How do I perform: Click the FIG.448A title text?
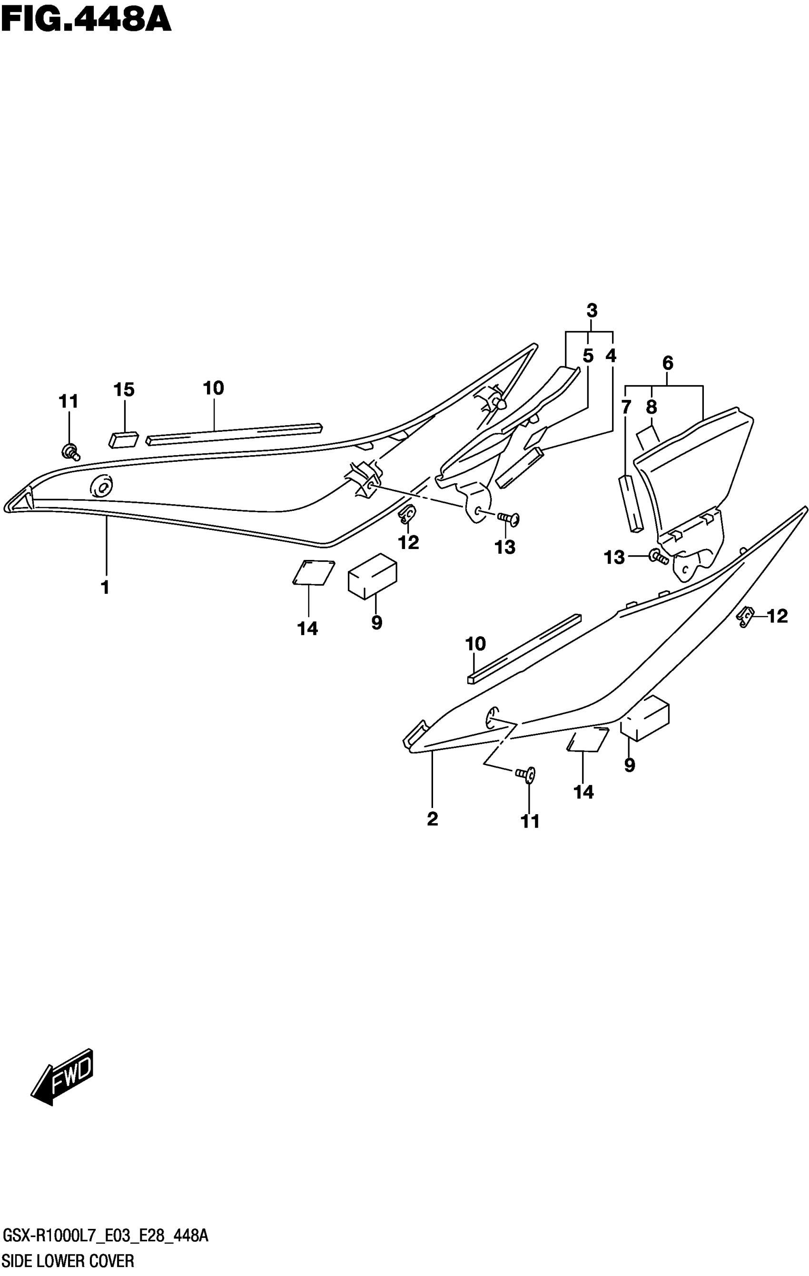[86, 20]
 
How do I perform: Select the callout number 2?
[432, 819]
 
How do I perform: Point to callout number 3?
[592, 310]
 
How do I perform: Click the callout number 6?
[668, 363]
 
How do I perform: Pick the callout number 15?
[124, 389]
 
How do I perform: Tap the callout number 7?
[626, 408]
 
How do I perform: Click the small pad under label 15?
[123, 440]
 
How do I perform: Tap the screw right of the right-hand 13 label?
[658, 557]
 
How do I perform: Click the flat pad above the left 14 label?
[314, 572]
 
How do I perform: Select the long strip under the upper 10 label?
[234, 434]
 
